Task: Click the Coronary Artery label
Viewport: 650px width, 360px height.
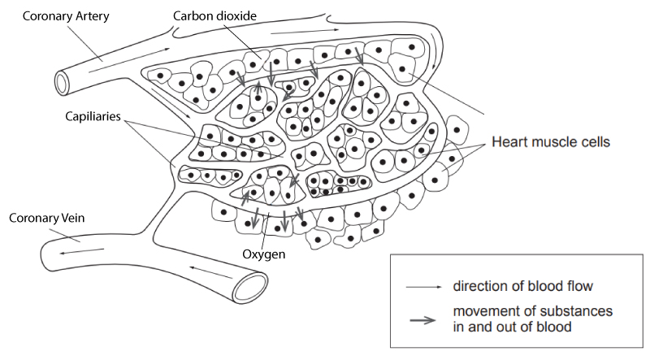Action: point(66,16)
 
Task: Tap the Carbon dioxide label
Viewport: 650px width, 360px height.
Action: point(214,15)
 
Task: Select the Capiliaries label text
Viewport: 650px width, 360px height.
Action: point(93,116)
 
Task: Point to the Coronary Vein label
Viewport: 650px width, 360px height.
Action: point(47,218)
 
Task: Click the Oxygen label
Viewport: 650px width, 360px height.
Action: point(263,254)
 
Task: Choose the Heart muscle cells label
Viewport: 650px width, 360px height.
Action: point(551,142)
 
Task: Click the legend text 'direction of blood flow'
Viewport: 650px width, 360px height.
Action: point(522,286)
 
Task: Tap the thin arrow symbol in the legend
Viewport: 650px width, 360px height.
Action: point(424,287)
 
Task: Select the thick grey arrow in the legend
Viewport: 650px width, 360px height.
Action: point(422,320)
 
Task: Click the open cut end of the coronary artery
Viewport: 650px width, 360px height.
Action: point(63,83)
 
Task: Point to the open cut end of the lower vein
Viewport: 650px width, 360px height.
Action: point(250,288)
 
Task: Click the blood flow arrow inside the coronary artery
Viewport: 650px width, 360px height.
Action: point(129,60)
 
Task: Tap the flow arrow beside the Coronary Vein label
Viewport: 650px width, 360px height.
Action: point(82,251)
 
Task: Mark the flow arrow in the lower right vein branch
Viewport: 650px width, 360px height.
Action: point(211,272)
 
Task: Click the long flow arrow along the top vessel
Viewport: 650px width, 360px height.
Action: point(305,31)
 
